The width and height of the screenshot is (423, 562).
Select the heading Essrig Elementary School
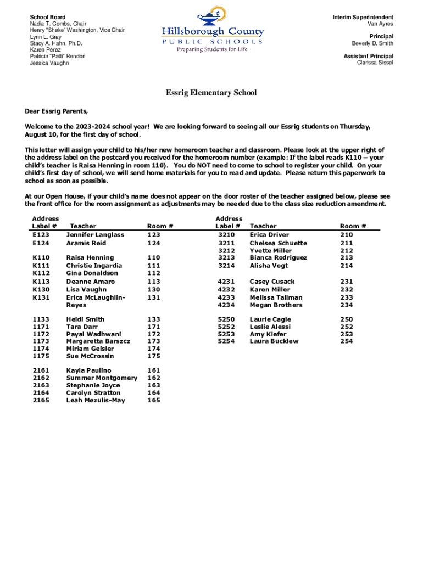point(211,93)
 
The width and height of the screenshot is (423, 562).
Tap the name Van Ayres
point(380,24)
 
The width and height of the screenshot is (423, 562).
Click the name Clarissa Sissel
point(375,63)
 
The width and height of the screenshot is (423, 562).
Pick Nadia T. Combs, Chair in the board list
point(58,24)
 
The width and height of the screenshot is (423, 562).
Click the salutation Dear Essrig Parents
point(57,110)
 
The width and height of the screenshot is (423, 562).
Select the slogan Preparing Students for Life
point(211,49)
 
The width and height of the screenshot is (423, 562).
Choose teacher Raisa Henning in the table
point(90,257)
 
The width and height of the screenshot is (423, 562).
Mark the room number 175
point(154,356)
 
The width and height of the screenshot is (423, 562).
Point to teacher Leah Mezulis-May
point(96,401)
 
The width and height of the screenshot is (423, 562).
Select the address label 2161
point(41,370)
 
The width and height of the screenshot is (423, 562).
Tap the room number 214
point(346,266)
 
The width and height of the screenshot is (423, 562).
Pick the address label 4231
point(226,282)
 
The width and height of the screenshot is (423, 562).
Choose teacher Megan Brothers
point(276,305)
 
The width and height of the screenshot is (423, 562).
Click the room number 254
point(346,341)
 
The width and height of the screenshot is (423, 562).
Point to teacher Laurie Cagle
point(270,319)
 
